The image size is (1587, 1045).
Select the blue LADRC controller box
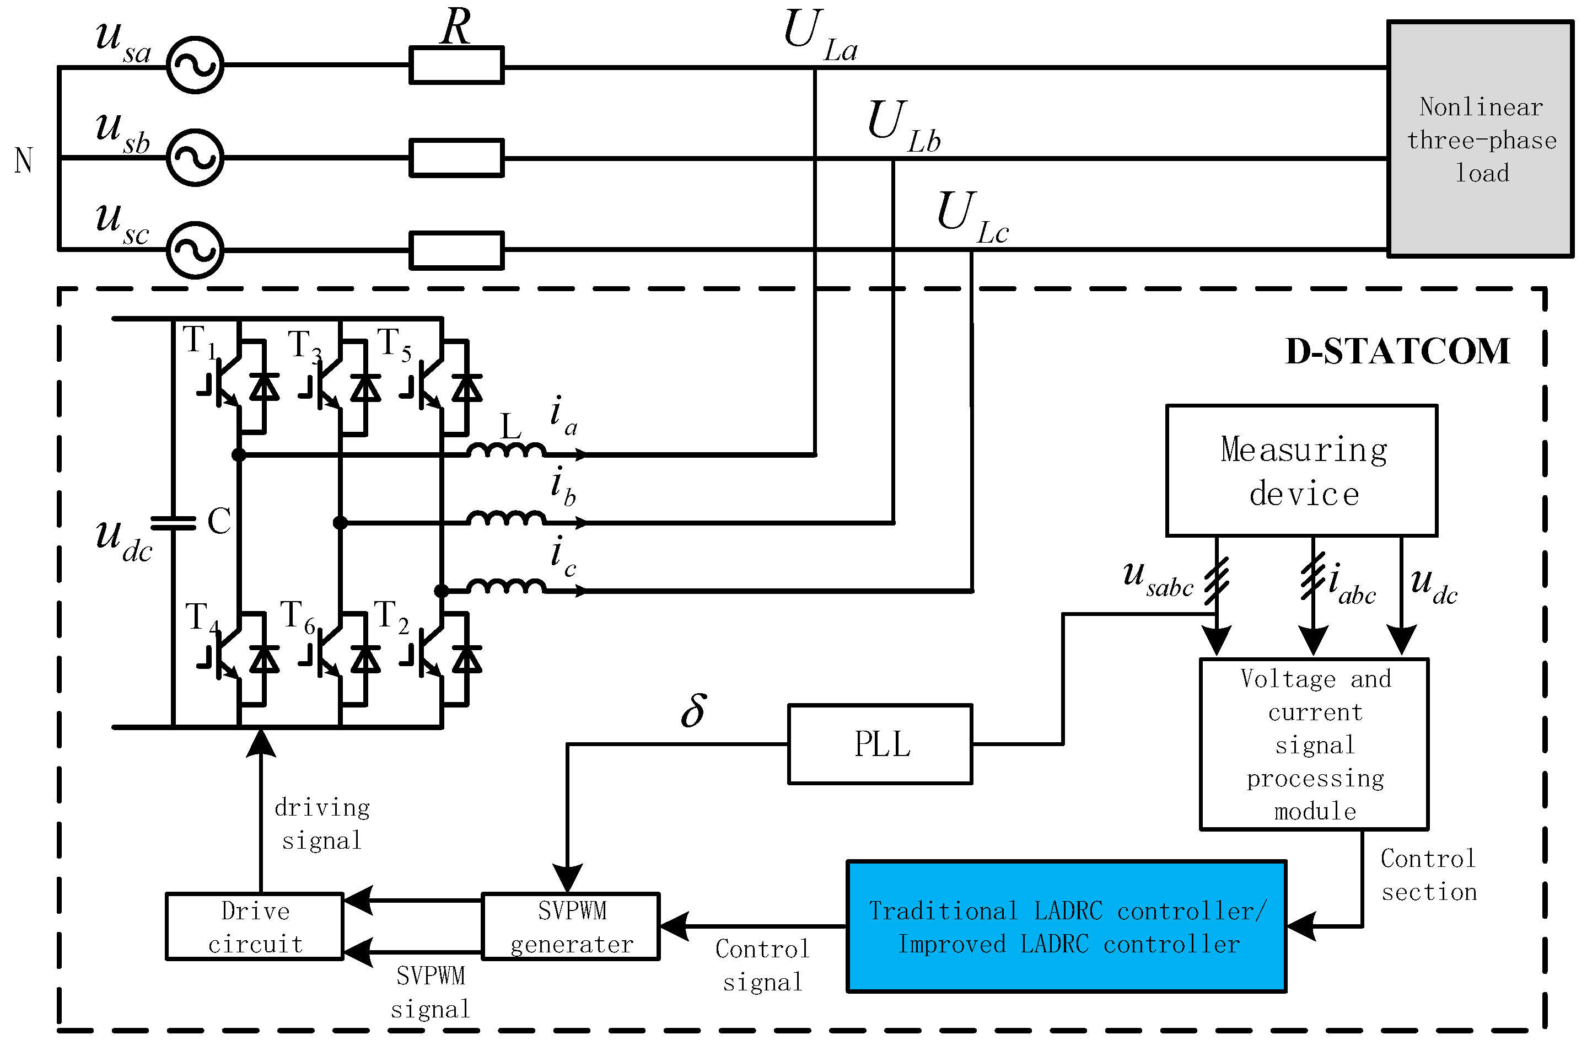coord(1066,926)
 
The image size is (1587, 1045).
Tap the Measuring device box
coord(1301,471)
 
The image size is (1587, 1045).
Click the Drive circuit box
coord(255,926)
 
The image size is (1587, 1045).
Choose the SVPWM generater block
coord(571,926)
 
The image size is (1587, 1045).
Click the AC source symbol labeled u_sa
coord(195,66)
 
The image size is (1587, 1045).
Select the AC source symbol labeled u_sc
coord(195,250)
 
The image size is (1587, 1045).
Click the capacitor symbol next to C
coord(174,523)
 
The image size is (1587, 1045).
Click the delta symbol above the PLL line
coord(693,711)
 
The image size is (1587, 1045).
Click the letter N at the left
coord(23,160)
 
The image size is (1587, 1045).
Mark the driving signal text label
coord(322,824)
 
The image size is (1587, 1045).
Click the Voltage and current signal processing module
coord(1314,744)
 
